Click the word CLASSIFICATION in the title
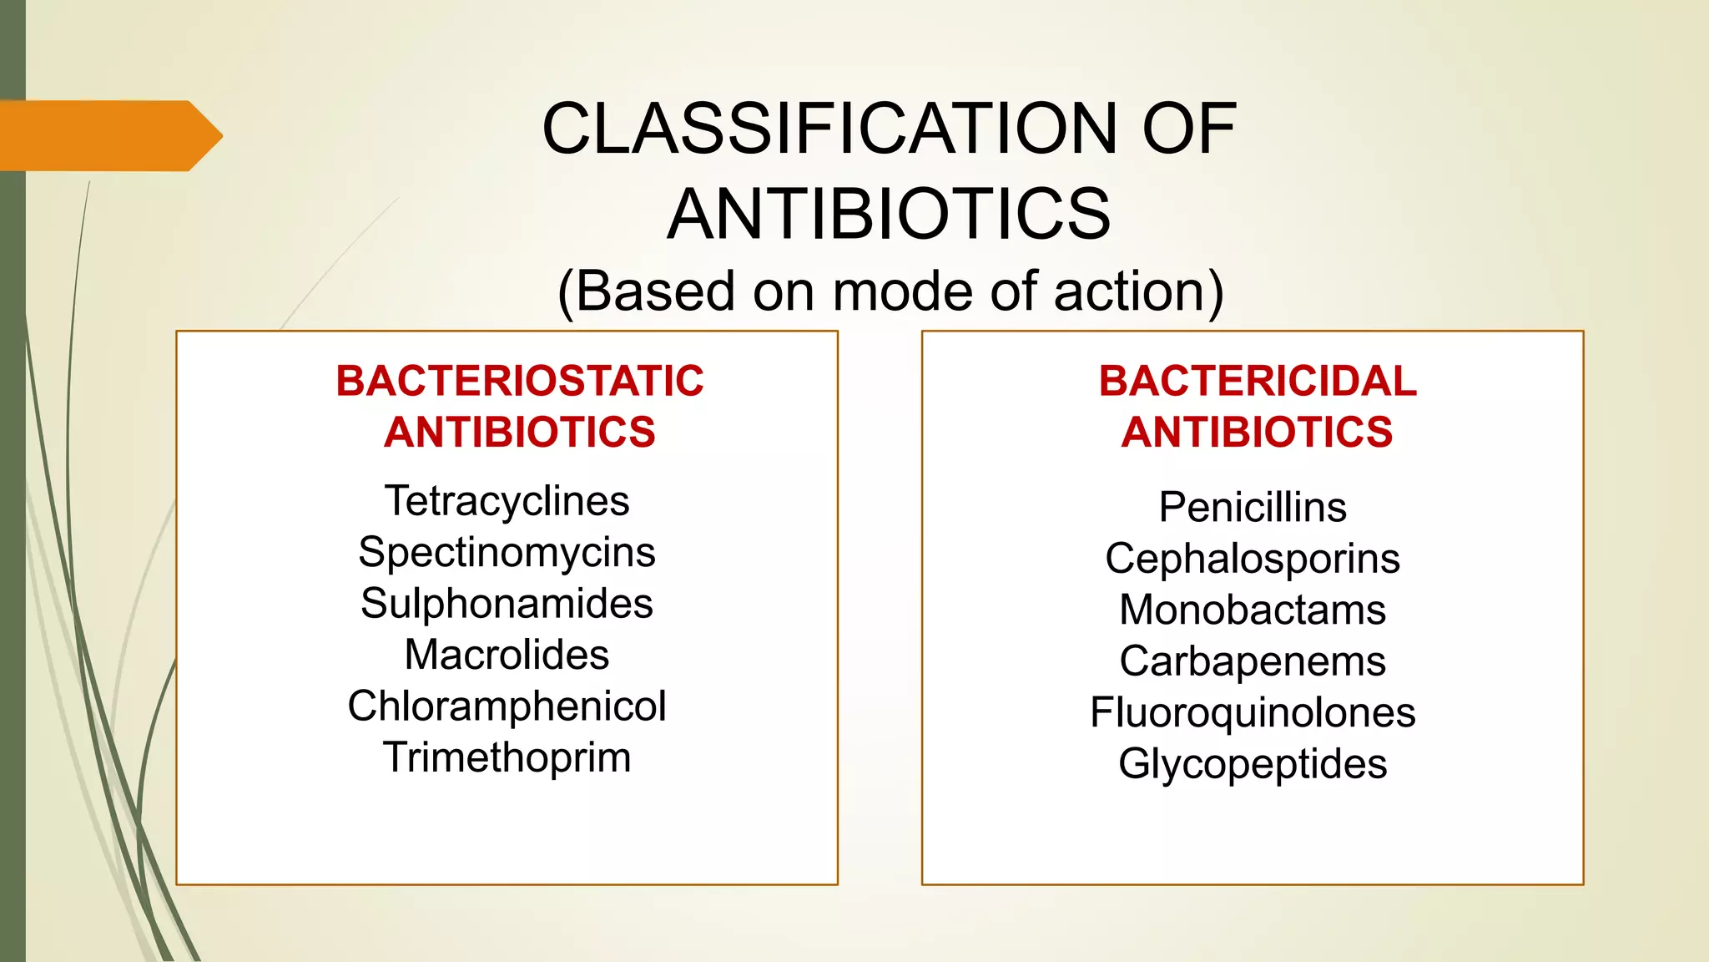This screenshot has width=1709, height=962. tap(829, 129)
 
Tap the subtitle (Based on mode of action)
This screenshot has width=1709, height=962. tap(890, 291)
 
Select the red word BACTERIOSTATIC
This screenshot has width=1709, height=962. tap(520, 381)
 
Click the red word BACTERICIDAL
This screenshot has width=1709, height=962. tap(1258, 381)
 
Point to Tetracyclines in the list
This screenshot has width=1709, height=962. tap(507, 501)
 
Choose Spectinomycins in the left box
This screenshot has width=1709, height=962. tap(507, 552)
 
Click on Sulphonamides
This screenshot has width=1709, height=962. tap(507, 604)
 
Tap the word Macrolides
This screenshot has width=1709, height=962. tap(507, 655)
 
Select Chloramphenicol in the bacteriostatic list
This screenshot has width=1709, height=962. tap(507, 706)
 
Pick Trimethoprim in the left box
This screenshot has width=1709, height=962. tap(507, 757)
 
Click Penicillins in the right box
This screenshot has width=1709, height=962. tap(1253, 507)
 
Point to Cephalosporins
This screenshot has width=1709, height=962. tap(1253, 558)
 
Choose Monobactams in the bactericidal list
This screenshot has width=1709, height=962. tap(1253, 610)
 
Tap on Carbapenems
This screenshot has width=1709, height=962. tap(1253, 661)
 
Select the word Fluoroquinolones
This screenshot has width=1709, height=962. tap(1253, 712)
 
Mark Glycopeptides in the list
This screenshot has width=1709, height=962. tap(1253, 763)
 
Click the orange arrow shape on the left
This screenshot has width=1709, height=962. tap(108, 135)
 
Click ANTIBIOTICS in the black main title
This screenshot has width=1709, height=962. tap(889, 214)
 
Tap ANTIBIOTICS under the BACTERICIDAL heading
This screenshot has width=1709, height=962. tap(1257, 433)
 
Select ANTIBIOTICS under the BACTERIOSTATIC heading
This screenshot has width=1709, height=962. tap(520, 433)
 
